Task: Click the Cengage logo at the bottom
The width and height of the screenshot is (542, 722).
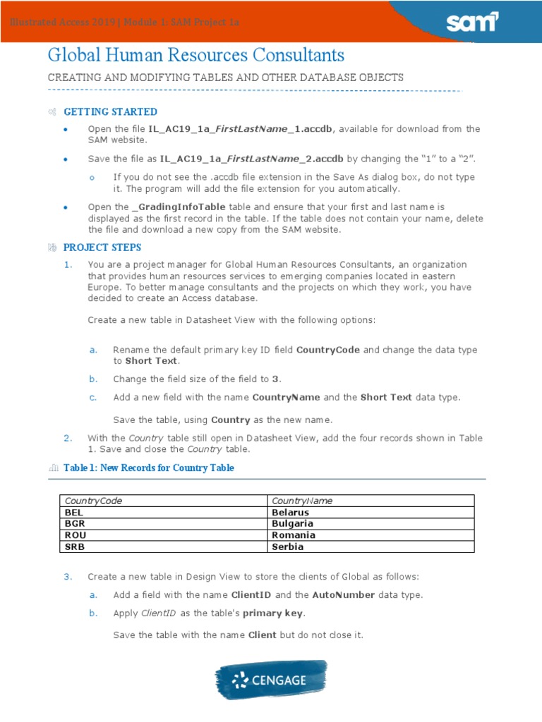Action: pyautogui.click(x=271, y=680)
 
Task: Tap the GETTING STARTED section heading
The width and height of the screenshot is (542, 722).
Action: pyautogui.click(x=110, y=112)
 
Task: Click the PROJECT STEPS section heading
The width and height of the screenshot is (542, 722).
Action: pyautogui.click(x=102, y=247)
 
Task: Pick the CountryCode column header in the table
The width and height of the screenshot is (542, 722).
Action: pyautogui.click(x=93, y=501)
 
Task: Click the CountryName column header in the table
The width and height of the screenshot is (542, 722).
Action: pyautogui.click(x=302, y=501)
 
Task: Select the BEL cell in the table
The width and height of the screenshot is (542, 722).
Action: pyautogui.click(x=74, y=513)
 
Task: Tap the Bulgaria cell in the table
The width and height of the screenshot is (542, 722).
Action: pyautogui.click(x=292, y=524)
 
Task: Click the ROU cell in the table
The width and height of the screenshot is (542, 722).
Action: pyautogui.click(x=75, y=535)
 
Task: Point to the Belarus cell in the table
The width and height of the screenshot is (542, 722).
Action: pyautogui.click(x=290, y=513)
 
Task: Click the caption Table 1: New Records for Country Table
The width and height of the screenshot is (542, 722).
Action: pyautogui.click(x=149, y=467)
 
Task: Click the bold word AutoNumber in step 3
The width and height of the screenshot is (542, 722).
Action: pyautogui.click(x=344, y=594)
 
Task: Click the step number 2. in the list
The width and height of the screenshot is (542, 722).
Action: pyautogui.click(x=68, y=438)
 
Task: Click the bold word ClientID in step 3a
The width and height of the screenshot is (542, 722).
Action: pyautogui.click(x=272, y=594)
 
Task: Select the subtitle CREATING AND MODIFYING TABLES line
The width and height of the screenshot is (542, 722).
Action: pyautogui.click(x=225, y=78)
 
